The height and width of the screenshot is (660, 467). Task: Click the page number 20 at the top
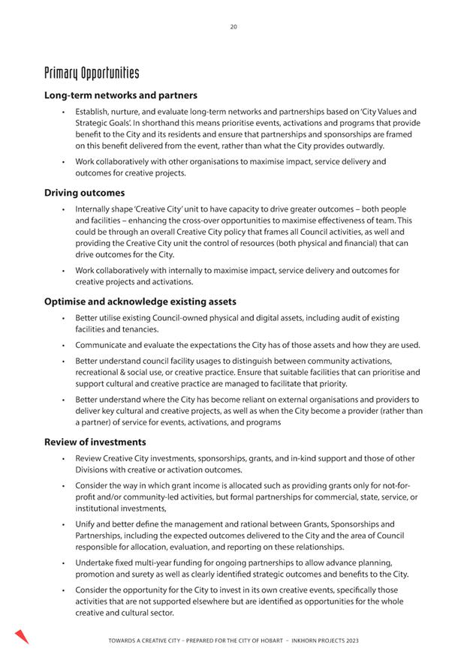pyautogui.click(x=234, y=27)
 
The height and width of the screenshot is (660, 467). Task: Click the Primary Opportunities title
pyautogui.click(x=92, y=73)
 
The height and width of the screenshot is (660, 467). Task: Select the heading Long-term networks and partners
pyautogui.click(x=121, y=96)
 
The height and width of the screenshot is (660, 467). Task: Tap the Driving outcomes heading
pyautogui.click(x=85, y=193)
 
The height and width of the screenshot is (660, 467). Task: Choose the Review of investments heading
pyautogui.click(x=95, y=442)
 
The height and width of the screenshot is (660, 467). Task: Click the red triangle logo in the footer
pyautogui.click(x=21, y=637)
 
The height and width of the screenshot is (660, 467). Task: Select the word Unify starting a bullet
pyautogui.click(x=86, y=523)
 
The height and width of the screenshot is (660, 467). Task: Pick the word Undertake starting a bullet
pyautogui.click(x=95, y=562)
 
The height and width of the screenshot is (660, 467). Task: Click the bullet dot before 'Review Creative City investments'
pyautogui.click(x=65, y=458)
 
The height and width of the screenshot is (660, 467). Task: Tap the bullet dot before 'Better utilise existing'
pyautogui.click(x=65, y=319)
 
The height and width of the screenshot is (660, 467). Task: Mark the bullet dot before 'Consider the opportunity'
pyautogui.click(x=65, y=589)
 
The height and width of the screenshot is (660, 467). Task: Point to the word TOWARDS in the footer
pyautogui.click(x=126, y=641)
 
